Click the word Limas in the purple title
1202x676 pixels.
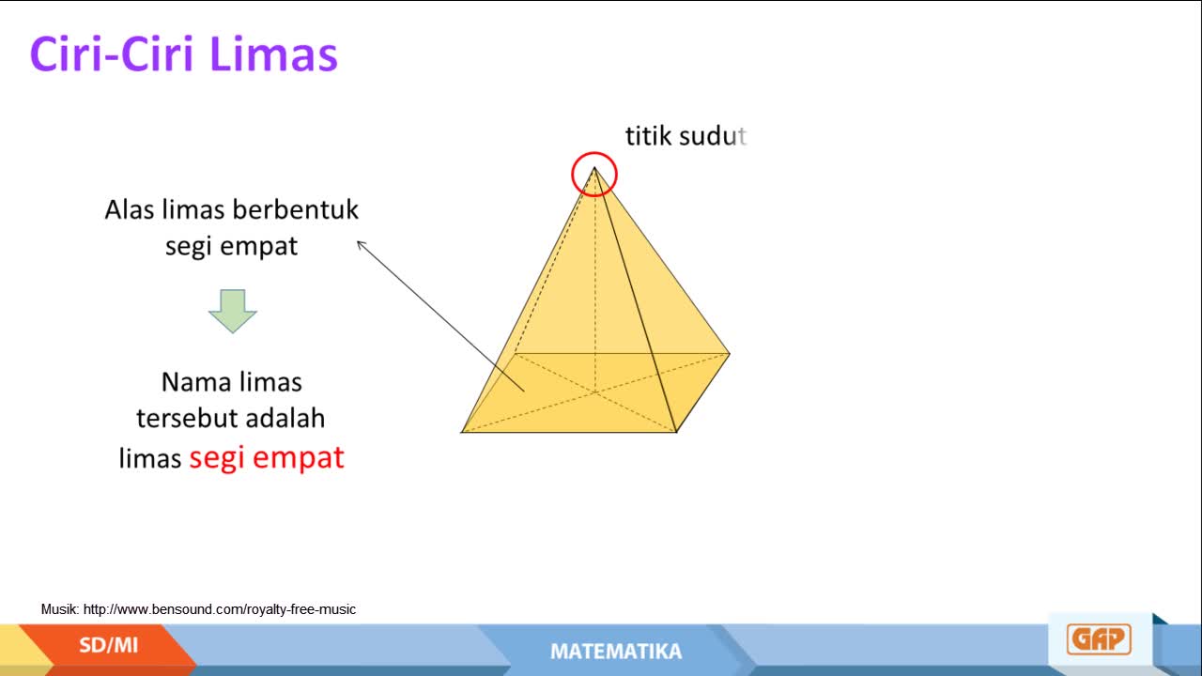pos(273,54)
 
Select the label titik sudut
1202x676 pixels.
pos(686,136)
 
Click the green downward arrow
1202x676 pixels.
pos(232,311)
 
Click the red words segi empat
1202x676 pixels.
pos(267,457)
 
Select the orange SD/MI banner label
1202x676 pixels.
pos(108,645)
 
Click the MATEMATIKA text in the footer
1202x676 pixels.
pos(616,652)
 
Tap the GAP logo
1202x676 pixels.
pos(1099,639)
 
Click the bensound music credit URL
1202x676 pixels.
pos(220,609)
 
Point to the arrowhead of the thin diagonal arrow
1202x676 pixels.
pos(358,242)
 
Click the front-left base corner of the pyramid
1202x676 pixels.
pos(461,432)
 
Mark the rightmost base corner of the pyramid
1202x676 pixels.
pos(730,354)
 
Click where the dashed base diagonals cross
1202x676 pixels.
pos(595,392)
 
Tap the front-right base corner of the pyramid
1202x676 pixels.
pos(676,432)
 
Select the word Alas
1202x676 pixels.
pos(130,209)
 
